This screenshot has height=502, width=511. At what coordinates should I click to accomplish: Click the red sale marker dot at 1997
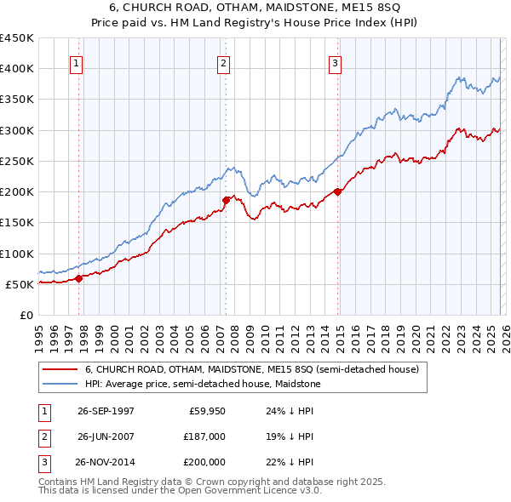(79, 277)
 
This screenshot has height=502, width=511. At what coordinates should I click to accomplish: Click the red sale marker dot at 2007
(227, 200)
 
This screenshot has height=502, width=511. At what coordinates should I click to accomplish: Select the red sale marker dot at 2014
(338, 191)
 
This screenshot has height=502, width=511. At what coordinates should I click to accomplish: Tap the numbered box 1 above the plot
(77, 63)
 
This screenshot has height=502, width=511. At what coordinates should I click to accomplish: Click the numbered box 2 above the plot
(223, 63)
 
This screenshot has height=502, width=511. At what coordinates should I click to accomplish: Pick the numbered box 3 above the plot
(335, 63)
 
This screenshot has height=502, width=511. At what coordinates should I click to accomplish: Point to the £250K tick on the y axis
(17, 161)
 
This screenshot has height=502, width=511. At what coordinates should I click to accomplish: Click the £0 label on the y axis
(27, 315)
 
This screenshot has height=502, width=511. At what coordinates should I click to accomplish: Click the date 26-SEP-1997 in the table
(106, 411)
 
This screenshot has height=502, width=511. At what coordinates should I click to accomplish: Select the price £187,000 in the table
(204, 436)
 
